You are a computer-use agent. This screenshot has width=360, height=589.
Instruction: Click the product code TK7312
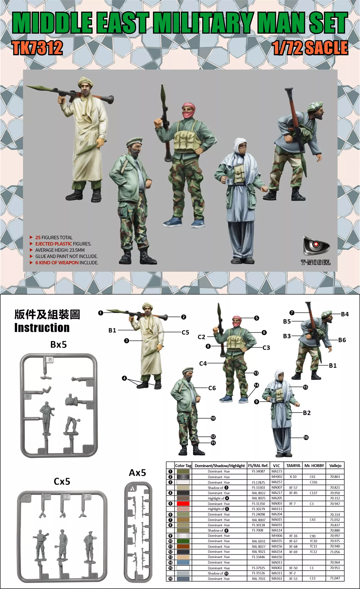point(37,48)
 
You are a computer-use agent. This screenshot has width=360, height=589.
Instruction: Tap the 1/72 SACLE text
point(310,48)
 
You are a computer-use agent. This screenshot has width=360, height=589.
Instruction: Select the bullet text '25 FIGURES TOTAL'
point(54,237)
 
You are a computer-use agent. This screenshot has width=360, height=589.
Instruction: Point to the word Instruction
point(42,328)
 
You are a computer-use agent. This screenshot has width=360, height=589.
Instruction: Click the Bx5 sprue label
point(58,344)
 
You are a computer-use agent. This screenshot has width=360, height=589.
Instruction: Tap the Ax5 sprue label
point(137,473)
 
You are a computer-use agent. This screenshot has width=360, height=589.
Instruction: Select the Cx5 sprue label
point(62,482)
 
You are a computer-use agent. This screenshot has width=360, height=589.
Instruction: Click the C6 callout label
point(212,388)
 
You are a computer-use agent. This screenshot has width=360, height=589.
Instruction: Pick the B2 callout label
point(307,413)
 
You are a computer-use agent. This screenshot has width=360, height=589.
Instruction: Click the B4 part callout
point(345,314)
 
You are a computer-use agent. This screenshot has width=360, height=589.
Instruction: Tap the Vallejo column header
point(335,466)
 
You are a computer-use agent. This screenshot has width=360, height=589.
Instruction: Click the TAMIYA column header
point(293,466)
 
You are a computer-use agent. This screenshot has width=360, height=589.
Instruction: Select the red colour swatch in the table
point(183,504)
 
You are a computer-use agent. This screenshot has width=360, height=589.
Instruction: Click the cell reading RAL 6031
point(259,541)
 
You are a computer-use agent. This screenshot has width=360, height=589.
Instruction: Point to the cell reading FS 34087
point(259,471)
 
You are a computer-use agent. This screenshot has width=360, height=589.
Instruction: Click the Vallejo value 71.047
point(335,578)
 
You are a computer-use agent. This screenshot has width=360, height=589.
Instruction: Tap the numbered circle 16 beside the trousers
point(306,437)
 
